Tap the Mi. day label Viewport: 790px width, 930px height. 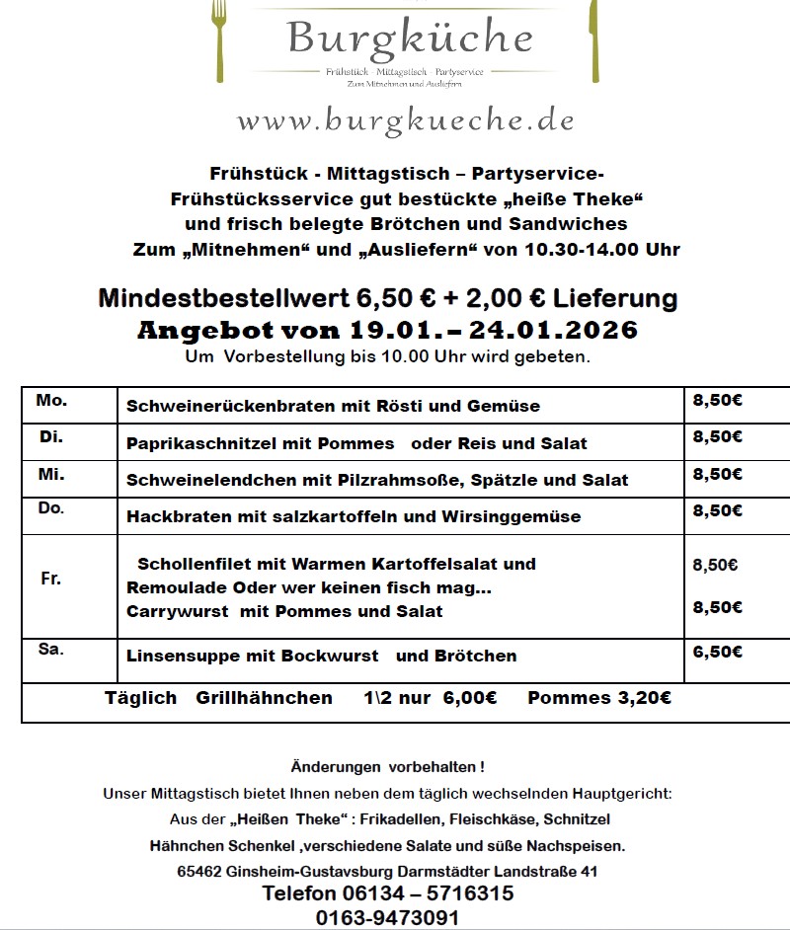pyautogui.click(x=50, y=474)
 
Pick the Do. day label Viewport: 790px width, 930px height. pyautogui.click(x=50, y=509)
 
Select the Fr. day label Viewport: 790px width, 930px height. pyautogui.click(x=50, y=579)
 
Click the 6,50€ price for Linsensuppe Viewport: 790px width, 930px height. pyautogui.click(x=718, y=652)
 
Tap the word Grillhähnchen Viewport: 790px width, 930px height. pyautogui.click(x=264, y=698)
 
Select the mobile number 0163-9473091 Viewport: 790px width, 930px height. pyautogui.click(x=388, y=917)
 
